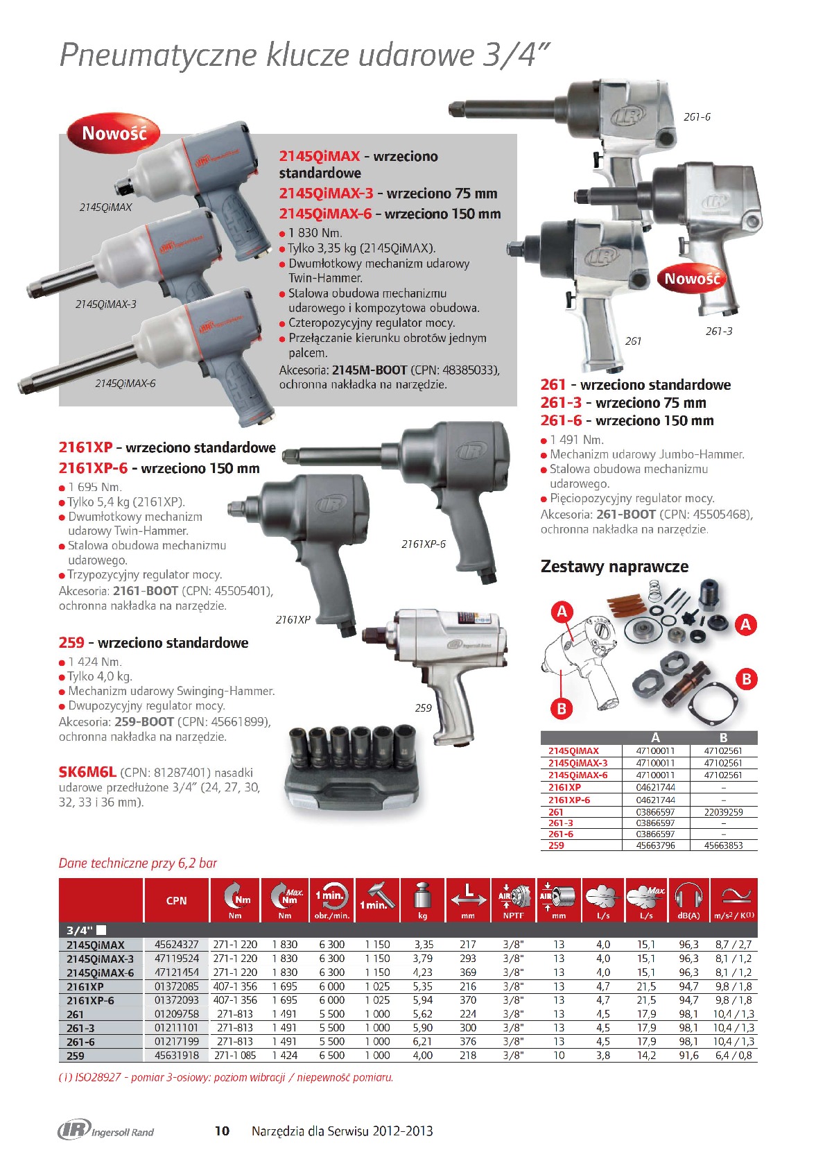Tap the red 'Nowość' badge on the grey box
114,133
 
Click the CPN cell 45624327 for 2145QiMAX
176,945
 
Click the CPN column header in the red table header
176,900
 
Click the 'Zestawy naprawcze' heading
614,567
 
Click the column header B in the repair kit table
723,738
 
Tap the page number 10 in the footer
222,1131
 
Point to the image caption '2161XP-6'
424,544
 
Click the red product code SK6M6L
87,773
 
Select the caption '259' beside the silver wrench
423,708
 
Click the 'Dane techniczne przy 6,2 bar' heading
138,864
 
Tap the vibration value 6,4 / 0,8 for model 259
733,1056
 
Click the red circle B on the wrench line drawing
562,708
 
